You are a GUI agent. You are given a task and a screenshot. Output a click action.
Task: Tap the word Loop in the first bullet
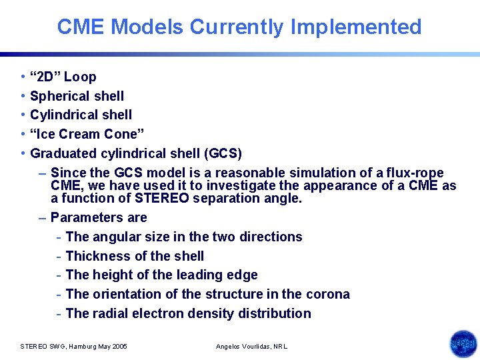80,77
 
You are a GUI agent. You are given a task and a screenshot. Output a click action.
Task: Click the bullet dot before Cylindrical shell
23,115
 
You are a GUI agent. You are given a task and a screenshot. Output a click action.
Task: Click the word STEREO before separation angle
163,198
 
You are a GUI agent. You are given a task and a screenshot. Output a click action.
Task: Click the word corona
327,294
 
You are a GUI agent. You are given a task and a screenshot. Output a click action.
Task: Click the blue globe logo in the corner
463,343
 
